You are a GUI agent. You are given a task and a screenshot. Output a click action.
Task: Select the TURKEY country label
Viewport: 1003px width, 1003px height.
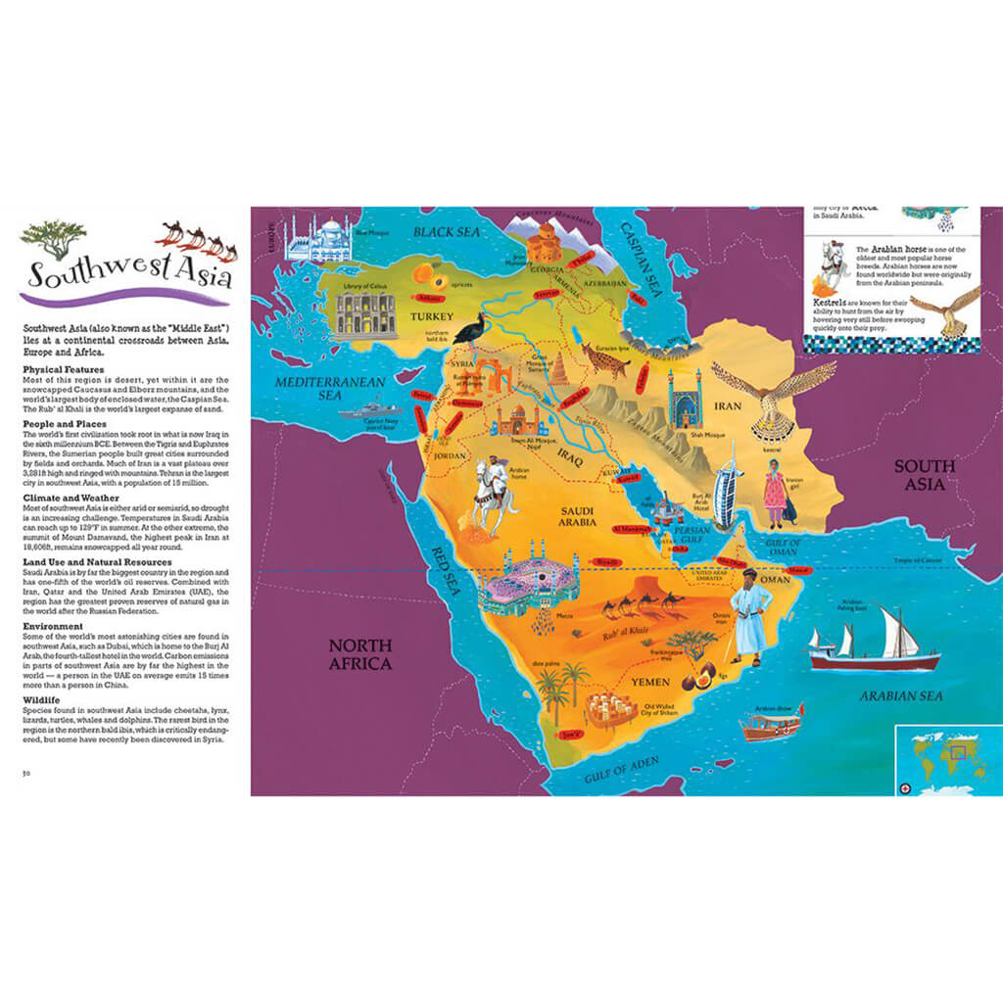(x=432, y=316)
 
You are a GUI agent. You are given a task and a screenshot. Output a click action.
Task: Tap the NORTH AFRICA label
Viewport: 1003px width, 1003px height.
(x=359, y=654)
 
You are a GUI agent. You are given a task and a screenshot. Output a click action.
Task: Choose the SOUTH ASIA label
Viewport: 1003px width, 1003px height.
(x=924, y=476)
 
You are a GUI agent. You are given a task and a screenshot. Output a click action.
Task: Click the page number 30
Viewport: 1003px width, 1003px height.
(x=28, y=774)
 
